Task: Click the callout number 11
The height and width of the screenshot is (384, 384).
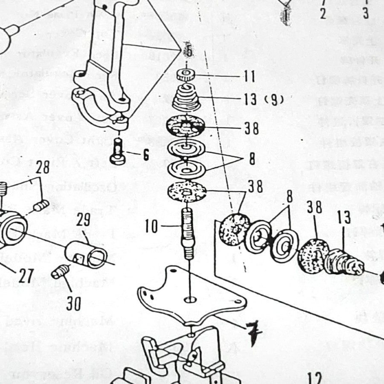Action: pyautogui.click(x=250, y=77)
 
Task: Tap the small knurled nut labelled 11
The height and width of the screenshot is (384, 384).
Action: pyautogui.click(x=185, y=76)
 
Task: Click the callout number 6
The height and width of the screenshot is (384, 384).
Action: pyautogui.click(x=146, y=155)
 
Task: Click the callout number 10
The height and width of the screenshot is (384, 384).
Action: pyautogui.click(x=151, y=227)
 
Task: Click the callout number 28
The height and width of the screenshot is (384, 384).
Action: pyautogui.click(x=42, y=168)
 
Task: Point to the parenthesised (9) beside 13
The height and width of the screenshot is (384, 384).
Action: pyautogui.click(x=273, y=100)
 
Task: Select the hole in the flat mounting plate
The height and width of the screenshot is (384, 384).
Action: pyautogui.click(x=190, y=299)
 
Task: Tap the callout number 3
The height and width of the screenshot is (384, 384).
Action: pyautogui.click(x=366, y=13)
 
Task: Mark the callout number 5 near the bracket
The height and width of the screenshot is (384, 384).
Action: pyautogui.click(x=188, y=51)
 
